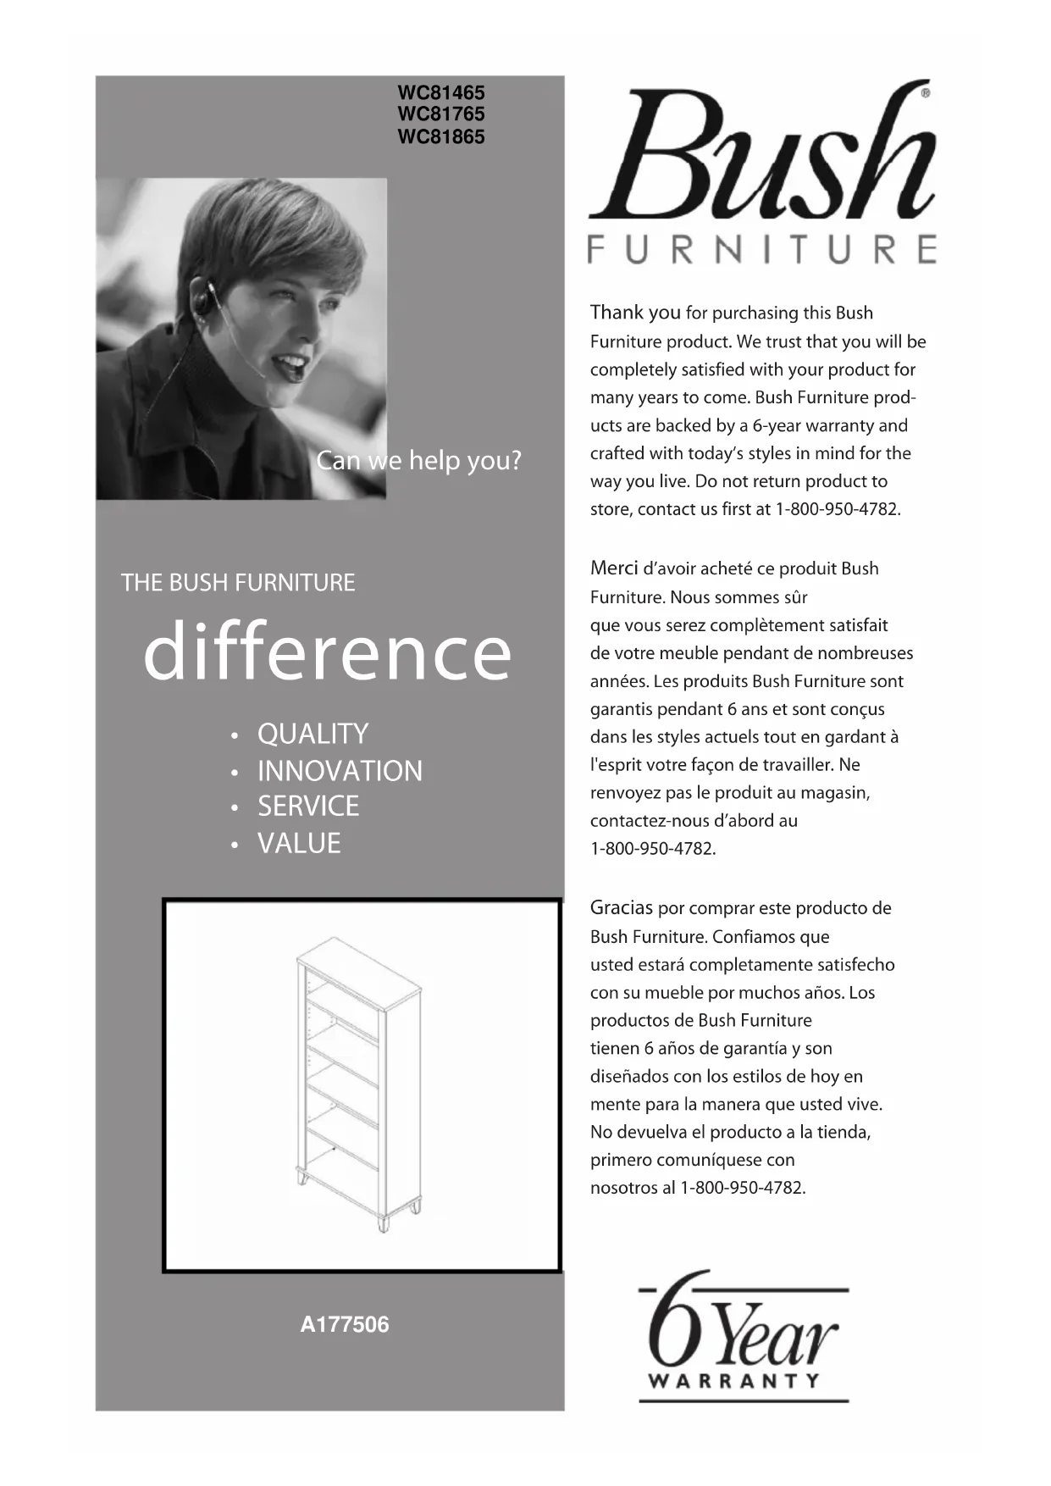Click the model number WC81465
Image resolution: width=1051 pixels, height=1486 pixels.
coord(441,92)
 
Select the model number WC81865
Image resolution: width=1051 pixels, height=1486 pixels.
coord(441,137)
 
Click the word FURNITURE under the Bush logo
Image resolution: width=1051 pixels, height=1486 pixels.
coord(762,249)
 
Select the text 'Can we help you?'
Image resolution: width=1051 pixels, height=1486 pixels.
coord(418,461)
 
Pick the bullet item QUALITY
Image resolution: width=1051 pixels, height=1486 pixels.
coord(313,734)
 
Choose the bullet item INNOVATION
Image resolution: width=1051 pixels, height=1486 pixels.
coord(340,771)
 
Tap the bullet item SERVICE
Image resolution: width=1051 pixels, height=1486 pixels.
coord(308,807)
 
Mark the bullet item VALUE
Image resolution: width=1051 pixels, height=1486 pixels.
coord(299,844)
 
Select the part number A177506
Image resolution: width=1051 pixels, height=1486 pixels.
coord(345,1324)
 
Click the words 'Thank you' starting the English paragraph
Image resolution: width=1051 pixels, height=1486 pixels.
coord(635,313)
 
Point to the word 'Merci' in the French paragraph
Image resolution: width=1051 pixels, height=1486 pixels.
coord(614,568)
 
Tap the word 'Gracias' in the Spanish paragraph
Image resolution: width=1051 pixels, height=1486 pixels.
coord(622,908)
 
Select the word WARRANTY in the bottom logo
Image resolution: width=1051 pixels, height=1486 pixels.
coord(734,1381)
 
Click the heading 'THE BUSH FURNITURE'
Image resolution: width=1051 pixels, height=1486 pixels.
coord(238,583)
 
